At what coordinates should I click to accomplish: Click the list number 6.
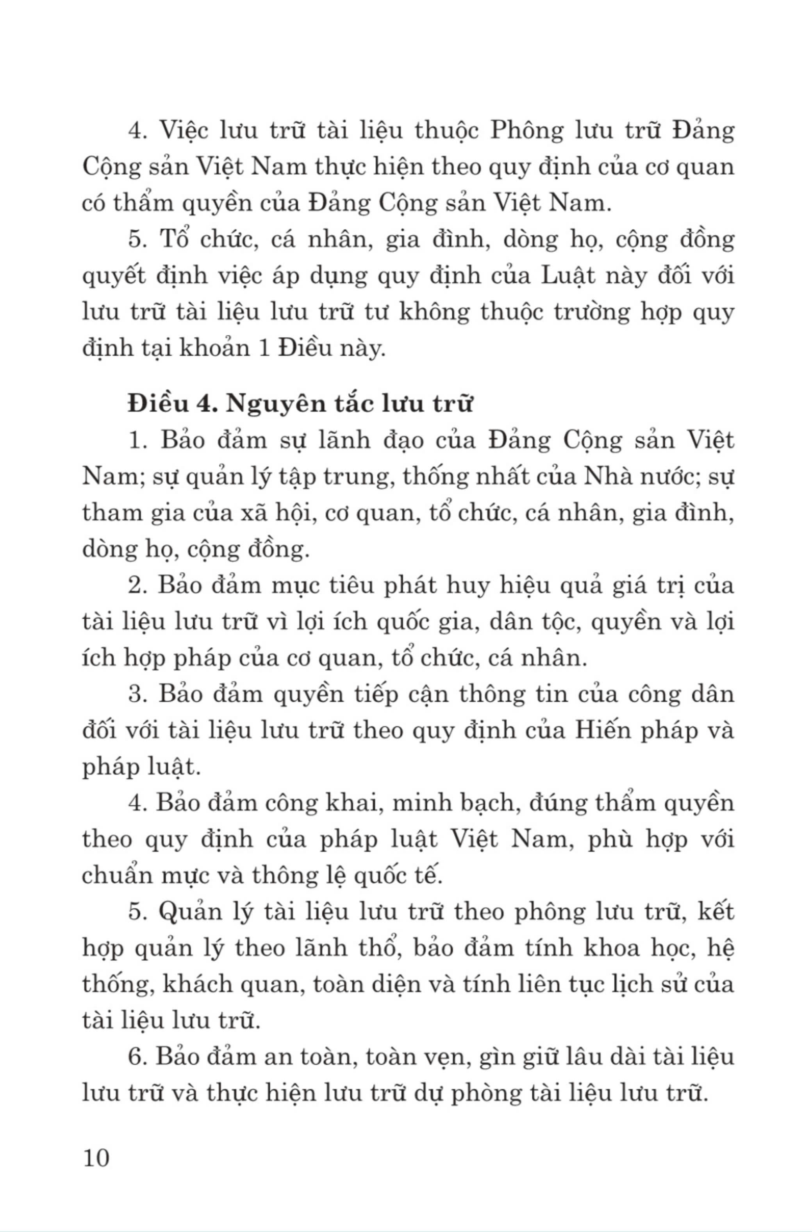[136, 1057]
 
